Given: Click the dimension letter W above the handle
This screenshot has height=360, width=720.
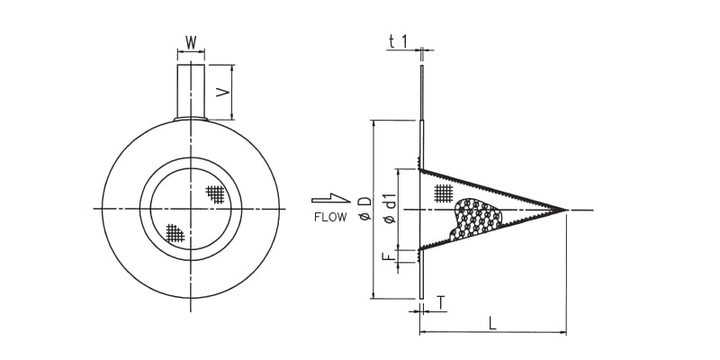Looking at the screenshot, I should (x=191, y=42).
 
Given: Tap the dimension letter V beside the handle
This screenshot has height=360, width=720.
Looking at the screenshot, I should (x=224, y=92).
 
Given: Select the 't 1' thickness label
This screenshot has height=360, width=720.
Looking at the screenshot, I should (x=398, y=41).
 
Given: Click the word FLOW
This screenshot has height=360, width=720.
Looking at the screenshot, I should (x=330, y=217).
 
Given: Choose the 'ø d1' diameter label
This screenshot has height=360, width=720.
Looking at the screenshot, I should (x=390, y=209).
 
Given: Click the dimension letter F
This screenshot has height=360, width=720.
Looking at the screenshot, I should (x=388, y=256).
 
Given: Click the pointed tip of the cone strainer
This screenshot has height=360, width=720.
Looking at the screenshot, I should (x=565, y=210).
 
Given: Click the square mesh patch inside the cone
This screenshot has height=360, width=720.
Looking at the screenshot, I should (x=443, y=192).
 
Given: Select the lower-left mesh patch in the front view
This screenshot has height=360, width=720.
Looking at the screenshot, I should (x=175, y=234).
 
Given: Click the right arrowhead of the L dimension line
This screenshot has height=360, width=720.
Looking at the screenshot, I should (x=563, y=333).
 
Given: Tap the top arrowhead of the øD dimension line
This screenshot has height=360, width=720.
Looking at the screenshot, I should (x=373, y=123).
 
